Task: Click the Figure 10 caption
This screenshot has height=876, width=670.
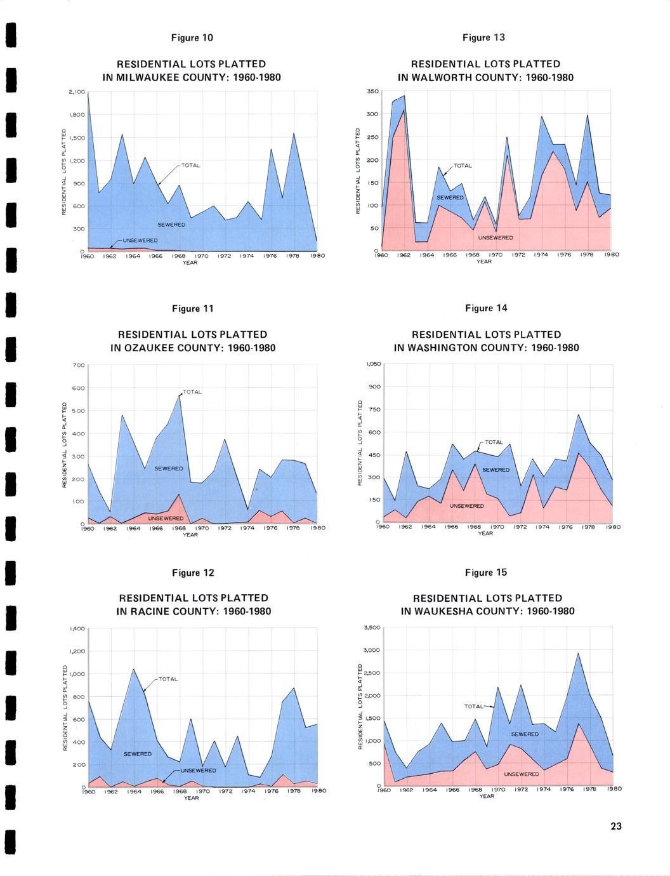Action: [192, 38]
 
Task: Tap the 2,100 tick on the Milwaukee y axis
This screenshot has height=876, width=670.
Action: [76, 92]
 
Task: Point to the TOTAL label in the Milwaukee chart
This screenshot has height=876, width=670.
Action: [190, 166]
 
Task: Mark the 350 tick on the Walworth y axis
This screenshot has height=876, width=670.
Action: [372, 91]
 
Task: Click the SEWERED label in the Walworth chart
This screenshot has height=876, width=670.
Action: [450, 197]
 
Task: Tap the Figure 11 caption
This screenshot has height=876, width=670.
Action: [193, 309]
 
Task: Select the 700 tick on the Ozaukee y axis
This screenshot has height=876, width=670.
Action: [79, 365]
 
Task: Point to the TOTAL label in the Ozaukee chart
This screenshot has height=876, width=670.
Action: [192, 392]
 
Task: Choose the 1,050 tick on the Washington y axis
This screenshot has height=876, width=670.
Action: [372, 364]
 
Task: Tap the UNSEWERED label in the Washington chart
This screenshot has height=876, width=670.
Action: [467, 506]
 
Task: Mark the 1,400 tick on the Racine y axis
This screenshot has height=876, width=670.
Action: [76, 628]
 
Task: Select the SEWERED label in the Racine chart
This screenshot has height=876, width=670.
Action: [138, 754]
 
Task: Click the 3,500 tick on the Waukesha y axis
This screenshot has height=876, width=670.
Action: [371, 628]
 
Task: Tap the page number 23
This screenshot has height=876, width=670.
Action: [616, 826]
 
